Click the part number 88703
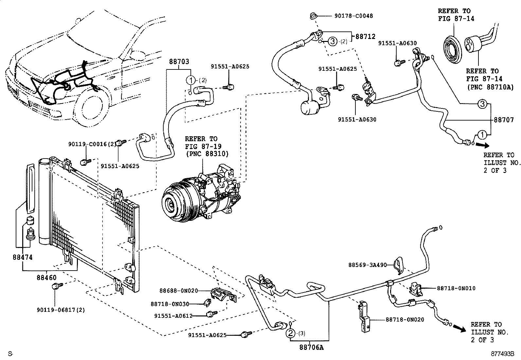pyautogui.click(x=179, y=62)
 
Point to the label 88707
pyautogui.click(x=504, y=120)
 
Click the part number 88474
pyautogui.click(x=23, y=257)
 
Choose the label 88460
pyautogui.click(x=46, y=278)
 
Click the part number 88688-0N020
pyautogui.click(x=179, y=291)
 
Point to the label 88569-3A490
pyautogui.click(x=368, y=265)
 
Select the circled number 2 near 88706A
pyautogui.click(x=290, y=333)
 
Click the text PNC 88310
pyautogui.click(x=207, y=154)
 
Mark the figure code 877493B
pyautogui.click(x=502, y=354)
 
